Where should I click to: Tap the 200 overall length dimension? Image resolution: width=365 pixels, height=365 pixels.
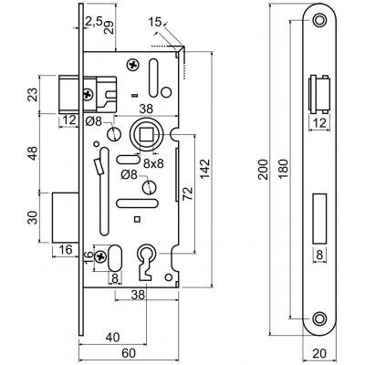point(264,170)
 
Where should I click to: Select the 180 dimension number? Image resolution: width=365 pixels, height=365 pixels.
point(284,170)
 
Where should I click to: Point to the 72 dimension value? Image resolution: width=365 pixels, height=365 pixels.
point(188,193)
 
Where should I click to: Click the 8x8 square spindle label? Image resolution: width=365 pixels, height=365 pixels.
point(153,163)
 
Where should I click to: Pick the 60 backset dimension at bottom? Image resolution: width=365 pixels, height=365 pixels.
point(129,353)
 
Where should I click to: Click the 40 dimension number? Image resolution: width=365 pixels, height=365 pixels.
point(112,337)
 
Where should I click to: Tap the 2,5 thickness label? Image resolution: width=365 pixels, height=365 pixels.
point(94,22)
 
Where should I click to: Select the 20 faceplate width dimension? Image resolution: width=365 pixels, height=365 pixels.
point(319,353)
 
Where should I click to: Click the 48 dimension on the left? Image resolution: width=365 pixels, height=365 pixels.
point(33,153)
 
